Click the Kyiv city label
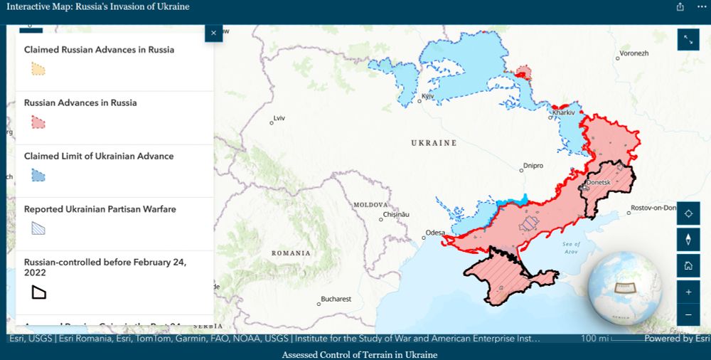pyautogui.click(x=428, y=96)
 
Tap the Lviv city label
pyautogui.click(x=279, y=117)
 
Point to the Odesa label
pyautogui.click(x=435, y=233)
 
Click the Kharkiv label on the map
pyautogui.click(x=563, y=112)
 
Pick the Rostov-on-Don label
pyautogui.click(x=656, y=208)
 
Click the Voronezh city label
pyautogui.click(x=634, y=53)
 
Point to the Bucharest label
pyautogui.click(x=336, y=300)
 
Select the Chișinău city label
pyautogui.click(x=397, y=214)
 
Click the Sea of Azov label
pyautogui.click(x=572, y=248)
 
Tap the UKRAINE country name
pyautogui.click(x=434, y=143)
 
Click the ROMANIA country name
pyautogui.click(x=291, y=253)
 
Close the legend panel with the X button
pyautogui.click(x=213, y=33)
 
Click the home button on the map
pyautogui.click(x=688, y=265)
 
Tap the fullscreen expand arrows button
pyautogui.click(x=688, y=40)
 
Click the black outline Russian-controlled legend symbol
pyautogui.click(x=38, y=292)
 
